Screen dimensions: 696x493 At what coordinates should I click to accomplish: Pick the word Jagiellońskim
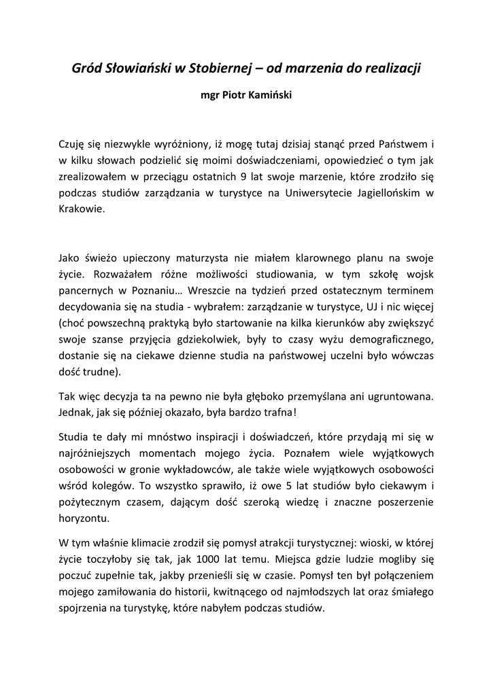click(x=380, y=193)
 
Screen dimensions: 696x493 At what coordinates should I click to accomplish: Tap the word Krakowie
click(x=82, y=209)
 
